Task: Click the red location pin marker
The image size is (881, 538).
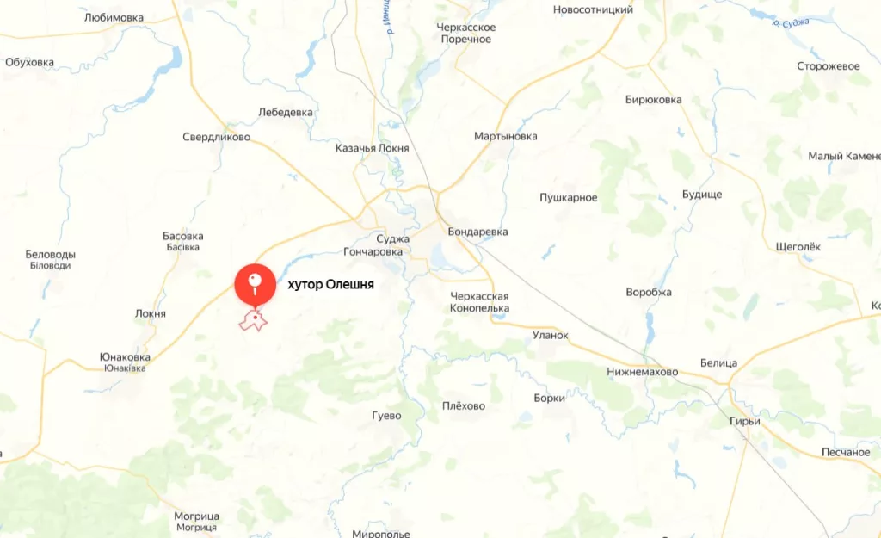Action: click(x=255, y=283)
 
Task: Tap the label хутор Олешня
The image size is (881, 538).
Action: click(x=330, y=284)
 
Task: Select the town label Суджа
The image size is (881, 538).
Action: click(x=393, y=238)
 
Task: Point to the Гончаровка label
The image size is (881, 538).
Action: click(x=373, y=252)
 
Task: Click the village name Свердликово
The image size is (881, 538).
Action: click(x=216, y=137)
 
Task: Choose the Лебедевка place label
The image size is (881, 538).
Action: click(x=286, y=112)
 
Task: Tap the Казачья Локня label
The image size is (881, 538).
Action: click(x=372, y=148)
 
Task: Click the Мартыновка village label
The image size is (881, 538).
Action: click(x=505, y=136)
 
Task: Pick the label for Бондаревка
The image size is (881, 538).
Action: click(x=477, y=232)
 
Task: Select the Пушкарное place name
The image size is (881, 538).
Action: click(x=568, y=198)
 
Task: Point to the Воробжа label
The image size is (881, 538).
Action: click(x=649, y=292)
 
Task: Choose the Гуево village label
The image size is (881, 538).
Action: click(x=386, y=415)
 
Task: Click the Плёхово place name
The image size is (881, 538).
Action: click(x=463, y=406)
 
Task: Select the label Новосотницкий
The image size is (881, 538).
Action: click(x=593, y=10)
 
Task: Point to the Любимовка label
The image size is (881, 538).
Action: click(x=114, y=17)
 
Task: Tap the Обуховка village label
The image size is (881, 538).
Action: click(x=29, y=62)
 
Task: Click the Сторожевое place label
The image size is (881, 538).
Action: click(x=829, y=66)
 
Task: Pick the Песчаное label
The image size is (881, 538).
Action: click(x=845, y=452)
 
